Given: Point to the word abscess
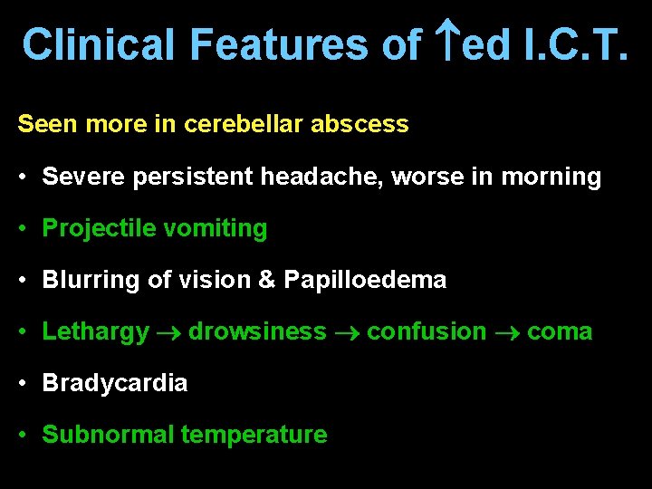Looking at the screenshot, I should click(x=360, y=124).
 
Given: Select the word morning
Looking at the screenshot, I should click(x=550, y=177).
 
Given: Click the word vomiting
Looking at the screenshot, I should click(x=214, y=229).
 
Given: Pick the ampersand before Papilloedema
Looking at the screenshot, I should click(x=267, y=280).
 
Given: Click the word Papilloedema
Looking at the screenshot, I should click(x=365, y=280).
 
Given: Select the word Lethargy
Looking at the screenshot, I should click(x=95, y=332).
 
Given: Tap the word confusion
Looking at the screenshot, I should click(x=427, y=331).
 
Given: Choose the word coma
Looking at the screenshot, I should click(x=560, y=331).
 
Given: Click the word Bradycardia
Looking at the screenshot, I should click(x=115, y=383).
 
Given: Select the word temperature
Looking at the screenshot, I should click(x=254, y=435).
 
